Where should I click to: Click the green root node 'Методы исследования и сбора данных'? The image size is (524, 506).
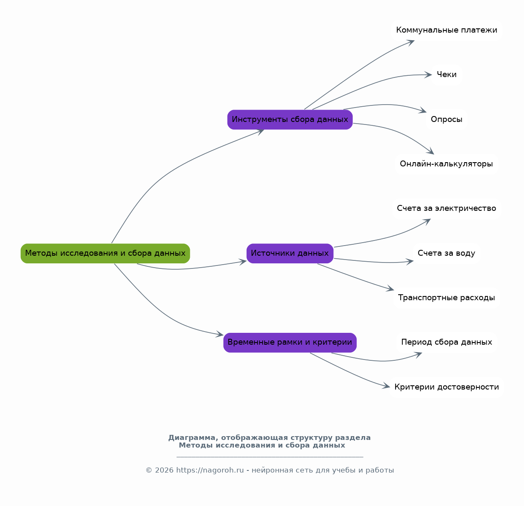(105, 253)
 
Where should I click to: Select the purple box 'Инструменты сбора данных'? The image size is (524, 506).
(290, 119)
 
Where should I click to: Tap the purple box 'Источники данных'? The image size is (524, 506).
(290, 253)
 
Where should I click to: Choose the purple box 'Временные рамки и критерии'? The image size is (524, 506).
(290, 343)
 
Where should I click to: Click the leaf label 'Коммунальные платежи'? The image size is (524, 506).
(446, 30)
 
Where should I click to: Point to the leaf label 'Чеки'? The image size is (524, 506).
(446, 75)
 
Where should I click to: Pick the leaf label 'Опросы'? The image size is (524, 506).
(446, 119)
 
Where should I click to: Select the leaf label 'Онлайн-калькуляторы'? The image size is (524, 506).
(446, 163)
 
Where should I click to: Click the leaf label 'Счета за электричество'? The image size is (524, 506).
(446, 208)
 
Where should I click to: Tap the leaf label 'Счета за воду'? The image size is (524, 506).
(446, 253)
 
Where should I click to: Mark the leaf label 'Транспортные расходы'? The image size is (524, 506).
(446, 298)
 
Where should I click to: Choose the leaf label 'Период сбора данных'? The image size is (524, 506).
(446, 342)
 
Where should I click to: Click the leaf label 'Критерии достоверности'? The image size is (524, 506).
(446, 387)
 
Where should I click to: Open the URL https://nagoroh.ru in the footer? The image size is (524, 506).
(210, 470)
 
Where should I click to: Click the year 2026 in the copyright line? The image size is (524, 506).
(164, 470)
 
